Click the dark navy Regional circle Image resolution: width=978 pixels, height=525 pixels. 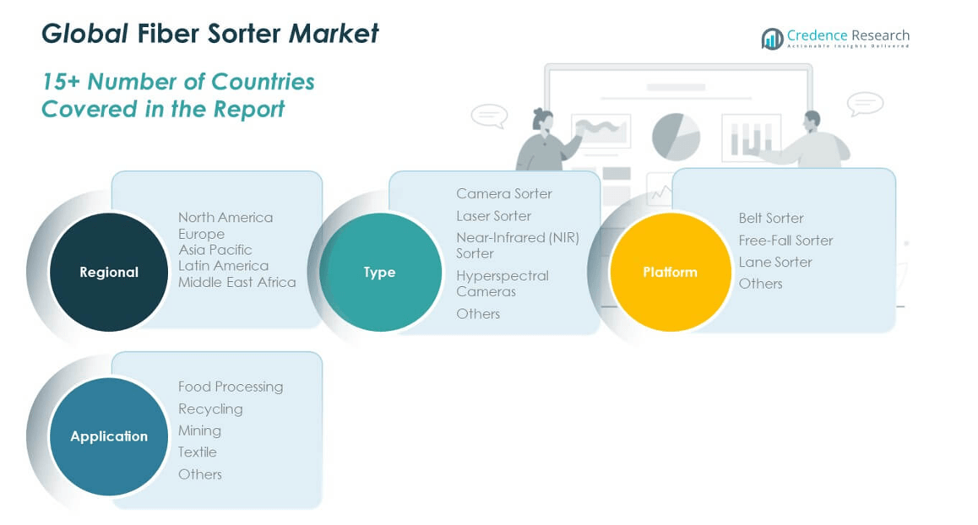point(109,272)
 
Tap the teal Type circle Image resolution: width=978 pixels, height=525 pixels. point(380,272)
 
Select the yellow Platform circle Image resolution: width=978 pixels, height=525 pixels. point(670,272)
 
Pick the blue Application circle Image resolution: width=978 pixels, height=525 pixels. point(109,436)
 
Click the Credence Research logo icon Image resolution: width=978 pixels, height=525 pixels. point(772,39)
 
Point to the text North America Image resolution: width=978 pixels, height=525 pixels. point(225,217)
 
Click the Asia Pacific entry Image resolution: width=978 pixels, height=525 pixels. point(215,250)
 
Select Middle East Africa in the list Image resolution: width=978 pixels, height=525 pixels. point(236,282)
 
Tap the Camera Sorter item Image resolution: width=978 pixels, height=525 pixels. point(503,193)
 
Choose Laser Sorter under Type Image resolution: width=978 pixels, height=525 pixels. point(493,216)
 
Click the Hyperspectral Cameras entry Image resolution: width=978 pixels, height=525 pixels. point(502,283)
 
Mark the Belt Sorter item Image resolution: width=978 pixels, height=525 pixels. point(770,218)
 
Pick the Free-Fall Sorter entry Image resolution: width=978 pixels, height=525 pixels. point(785,240)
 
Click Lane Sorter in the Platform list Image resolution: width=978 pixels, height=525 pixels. point(774,262)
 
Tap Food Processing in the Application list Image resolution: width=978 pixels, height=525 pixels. point(230,387)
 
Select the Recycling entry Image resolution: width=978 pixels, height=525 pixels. point(210,409)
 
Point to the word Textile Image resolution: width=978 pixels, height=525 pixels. point(197,452)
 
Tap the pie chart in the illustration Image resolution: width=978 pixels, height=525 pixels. point(676,136)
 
